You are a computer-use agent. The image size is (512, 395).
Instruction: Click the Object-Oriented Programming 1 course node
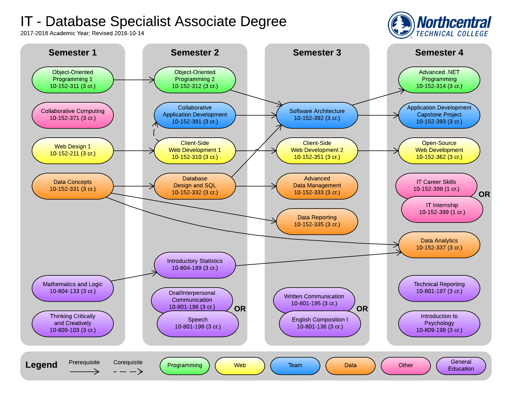[x=72, y=80]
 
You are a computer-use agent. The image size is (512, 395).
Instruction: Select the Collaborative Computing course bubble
[x=72, y=115]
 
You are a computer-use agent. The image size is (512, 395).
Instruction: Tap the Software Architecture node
[x=317, y=115]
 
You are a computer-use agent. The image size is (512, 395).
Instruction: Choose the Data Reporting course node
[x=317, y=221]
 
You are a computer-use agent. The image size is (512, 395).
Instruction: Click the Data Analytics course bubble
[x=439, y=245]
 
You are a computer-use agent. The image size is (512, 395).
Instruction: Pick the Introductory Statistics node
[x=195, y=265]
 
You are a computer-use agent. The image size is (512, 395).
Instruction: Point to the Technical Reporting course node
[x=439, y=288]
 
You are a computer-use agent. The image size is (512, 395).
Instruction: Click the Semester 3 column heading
[x=317, y=53]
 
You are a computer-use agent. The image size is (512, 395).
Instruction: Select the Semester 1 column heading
[x=72, y=53]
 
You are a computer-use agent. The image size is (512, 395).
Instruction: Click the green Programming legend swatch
[x=184, y=366]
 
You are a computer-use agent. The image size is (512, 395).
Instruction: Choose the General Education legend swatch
[x=461, y=366]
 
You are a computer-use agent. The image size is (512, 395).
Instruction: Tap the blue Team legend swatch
[x=295, y=366]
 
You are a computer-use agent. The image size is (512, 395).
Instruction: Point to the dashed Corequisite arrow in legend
[x=128, y=371]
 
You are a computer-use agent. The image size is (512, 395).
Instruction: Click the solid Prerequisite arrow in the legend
[x=84, y=371]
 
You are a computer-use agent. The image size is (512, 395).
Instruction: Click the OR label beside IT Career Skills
[x=484, y=194]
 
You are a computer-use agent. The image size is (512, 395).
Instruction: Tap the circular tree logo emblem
[x=401, y=25]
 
